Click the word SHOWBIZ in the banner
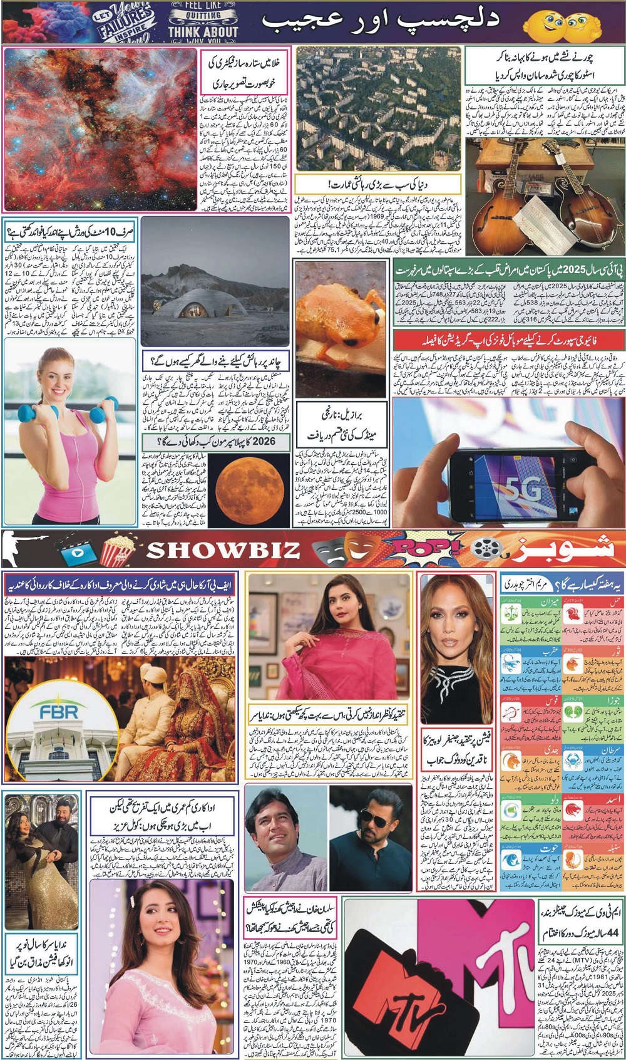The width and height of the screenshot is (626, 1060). pyautogui.click(x=222, y=549)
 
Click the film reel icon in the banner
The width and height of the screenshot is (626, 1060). pyautogui.click(x=485, y=549)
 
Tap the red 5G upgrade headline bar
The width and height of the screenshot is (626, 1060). pyautogui.click(x=506, y=340)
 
